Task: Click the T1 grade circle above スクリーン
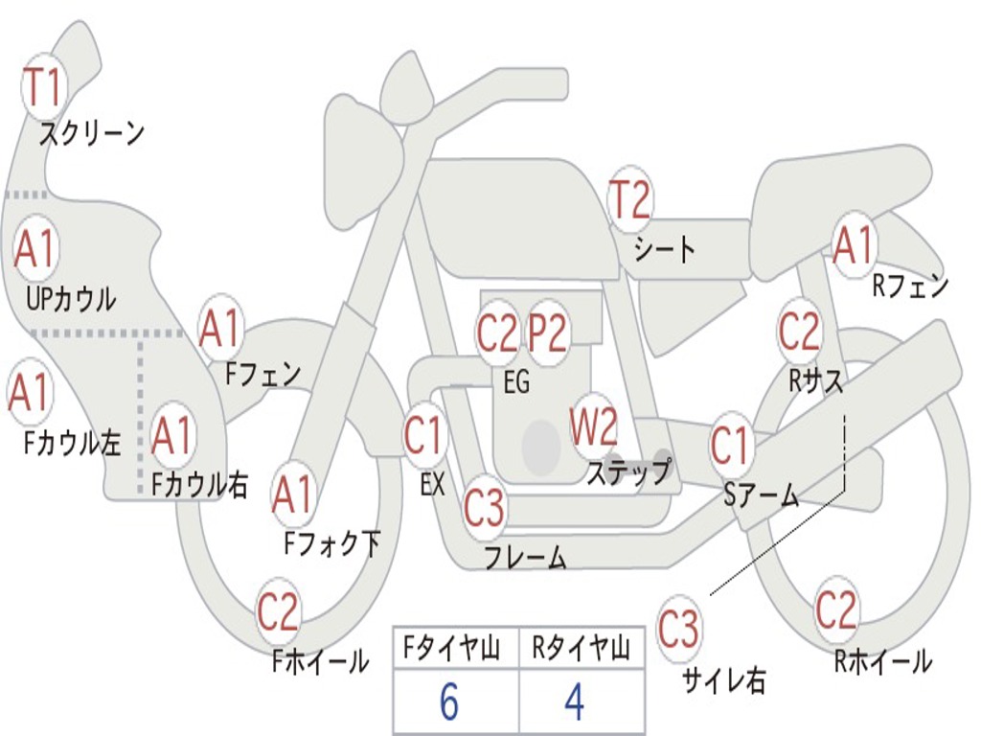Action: point(42,87)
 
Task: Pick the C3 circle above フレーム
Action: point(484,507)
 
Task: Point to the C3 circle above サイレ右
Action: point(678,630)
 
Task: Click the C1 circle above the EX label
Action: point(423,436)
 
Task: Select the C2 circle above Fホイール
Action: point(279,612)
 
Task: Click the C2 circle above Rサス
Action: point(799,332)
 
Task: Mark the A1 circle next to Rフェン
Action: point(854,246)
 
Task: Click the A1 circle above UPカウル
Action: point(36,250)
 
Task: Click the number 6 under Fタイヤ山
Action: point(448,703)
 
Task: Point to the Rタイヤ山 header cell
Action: point(581,650)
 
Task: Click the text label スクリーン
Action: point(92,134)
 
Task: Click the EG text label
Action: point(516,382)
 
